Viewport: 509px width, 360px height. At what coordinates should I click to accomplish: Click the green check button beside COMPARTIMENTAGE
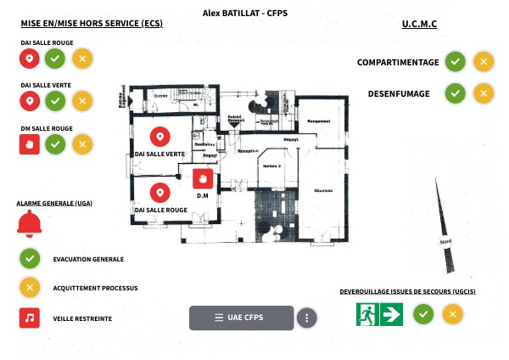(x=456, y=61)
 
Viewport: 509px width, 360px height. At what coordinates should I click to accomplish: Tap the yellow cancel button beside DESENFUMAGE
(x=483, y=93)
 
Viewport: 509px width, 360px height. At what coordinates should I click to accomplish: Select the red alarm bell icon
(x=30, y=222)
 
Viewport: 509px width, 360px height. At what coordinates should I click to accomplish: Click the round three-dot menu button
(x=307, y=318)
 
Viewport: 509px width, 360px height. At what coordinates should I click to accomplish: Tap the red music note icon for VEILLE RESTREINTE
(x=30, y=318)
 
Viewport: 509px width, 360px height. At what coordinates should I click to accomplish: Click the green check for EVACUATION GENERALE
(x=30, y=258)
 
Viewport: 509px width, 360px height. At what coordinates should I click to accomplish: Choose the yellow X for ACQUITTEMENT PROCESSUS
(x=30, y=288)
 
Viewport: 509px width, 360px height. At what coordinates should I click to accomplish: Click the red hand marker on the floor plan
(x=203, y=178)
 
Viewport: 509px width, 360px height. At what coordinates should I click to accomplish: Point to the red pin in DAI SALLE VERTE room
(x=159, y=136)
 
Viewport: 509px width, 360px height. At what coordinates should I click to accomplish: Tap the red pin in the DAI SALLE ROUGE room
(x=159, y=192)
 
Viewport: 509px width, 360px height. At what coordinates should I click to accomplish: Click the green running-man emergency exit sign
(x=366, y=314)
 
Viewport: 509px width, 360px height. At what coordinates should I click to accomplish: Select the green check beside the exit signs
(x=424, y=314)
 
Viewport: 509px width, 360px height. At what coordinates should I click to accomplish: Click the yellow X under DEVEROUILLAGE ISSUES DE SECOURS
(x=453, y=314)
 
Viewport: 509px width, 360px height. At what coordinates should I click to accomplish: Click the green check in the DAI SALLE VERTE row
(x=56, y=101)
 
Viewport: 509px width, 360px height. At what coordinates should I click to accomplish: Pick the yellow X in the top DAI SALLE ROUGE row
(x=82, y=59)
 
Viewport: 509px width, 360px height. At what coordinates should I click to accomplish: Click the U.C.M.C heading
(x=419, y=24)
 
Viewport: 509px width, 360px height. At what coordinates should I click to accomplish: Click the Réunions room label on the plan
(x=322, y=191)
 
